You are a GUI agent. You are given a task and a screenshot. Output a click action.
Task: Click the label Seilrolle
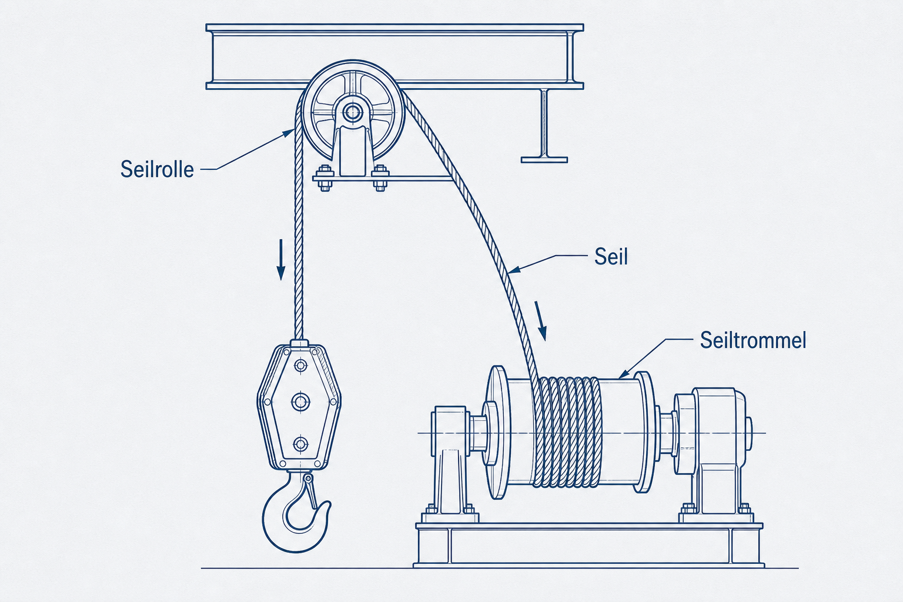(157, 169)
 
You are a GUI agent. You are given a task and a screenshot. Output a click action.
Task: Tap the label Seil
(611, 256)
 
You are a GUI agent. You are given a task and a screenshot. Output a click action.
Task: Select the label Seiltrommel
(753, 340)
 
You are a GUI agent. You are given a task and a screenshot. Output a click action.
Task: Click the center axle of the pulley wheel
(352, 112)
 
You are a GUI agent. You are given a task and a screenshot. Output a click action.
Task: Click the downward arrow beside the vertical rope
(280, 259)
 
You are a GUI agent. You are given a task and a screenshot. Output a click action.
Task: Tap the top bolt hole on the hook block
(300, 366)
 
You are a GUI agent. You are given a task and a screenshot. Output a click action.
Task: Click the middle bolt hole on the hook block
(300, 402)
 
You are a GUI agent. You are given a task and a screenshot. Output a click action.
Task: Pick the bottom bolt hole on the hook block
(300, 444)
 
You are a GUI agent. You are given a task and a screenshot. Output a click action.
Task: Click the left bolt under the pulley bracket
(324, 178)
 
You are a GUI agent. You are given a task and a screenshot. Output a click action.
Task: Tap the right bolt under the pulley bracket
(380, 178)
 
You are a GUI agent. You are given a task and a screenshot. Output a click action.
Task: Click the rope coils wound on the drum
(567, 432)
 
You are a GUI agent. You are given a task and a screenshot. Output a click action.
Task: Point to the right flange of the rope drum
(644, 432)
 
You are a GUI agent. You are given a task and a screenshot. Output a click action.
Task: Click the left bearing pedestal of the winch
(450, 464)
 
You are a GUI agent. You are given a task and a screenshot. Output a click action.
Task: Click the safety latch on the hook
(310, 491)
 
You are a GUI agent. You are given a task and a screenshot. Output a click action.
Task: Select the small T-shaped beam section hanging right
(544, 126)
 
